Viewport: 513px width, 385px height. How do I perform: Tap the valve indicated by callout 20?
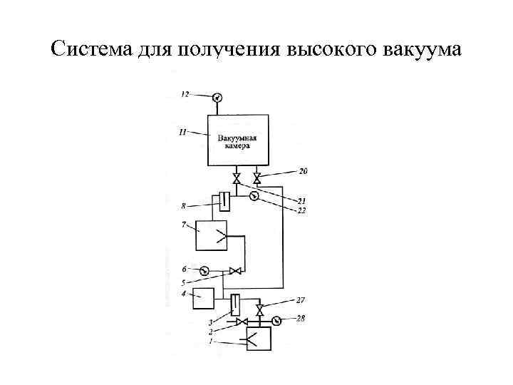coord(257,178)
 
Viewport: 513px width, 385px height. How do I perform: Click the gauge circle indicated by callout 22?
coord(254,197)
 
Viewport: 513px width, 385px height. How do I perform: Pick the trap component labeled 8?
coord(224,202)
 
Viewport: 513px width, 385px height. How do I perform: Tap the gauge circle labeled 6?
coord(204,270)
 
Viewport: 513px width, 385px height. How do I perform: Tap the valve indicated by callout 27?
coord(260,309)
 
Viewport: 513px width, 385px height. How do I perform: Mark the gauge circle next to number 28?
coord(276,321)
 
